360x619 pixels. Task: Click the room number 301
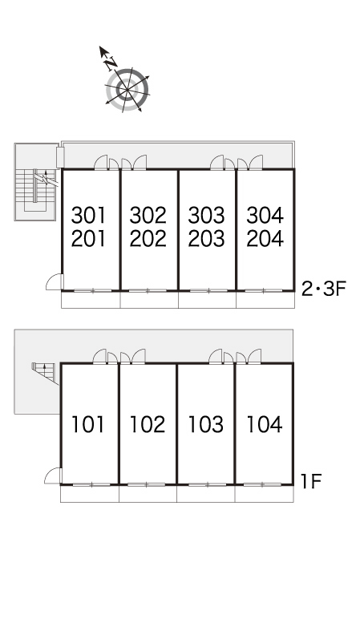coord(89,216)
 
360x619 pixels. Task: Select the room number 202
coord(148,238)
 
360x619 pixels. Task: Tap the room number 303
coord(206,216)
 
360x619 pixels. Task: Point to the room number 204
coord(265,238)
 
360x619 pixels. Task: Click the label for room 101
coord(88,424)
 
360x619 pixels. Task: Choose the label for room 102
coord(148,424)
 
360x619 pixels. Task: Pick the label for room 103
coord(206,424)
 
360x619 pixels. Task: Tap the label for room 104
coord(265,424)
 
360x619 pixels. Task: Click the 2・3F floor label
coord(324,289)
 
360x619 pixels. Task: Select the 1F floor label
coord(311,481)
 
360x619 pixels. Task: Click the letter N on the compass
coord(111,63)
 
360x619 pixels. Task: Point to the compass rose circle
coord(127,90)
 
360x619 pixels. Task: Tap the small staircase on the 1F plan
coord(45,373)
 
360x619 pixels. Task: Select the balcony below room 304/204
coord(265,300)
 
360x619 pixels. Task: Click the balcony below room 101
coord(90,493)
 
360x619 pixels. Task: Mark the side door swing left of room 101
coord(53,476)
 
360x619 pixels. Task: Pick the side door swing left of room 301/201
coord(55,282)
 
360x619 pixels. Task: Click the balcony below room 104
coord(264,493)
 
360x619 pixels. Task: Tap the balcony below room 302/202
coord(149,300)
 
